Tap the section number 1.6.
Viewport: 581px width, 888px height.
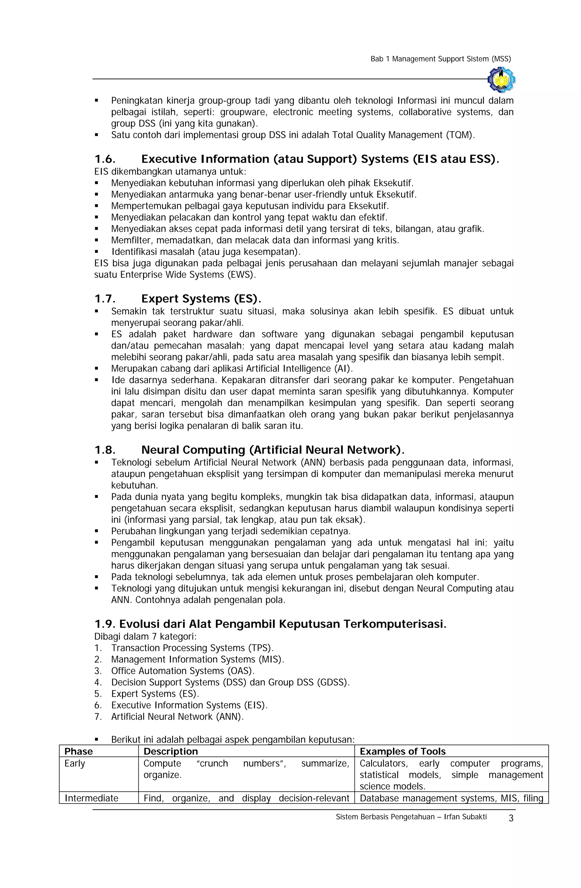click(105, 159)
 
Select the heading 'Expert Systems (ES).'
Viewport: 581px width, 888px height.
click(201, 299)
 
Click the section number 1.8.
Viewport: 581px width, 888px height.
click(105, 450)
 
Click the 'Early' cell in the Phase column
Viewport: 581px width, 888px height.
click(75, 763)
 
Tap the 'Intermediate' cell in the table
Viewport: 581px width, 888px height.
click(91, 798)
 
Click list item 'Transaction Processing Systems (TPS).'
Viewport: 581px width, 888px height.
click(192, 648)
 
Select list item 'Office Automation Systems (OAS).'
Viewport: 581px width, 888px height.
click(183, 671)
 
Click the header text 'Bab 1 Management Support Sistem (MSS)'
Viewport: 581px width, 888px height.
click(440, 59)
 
